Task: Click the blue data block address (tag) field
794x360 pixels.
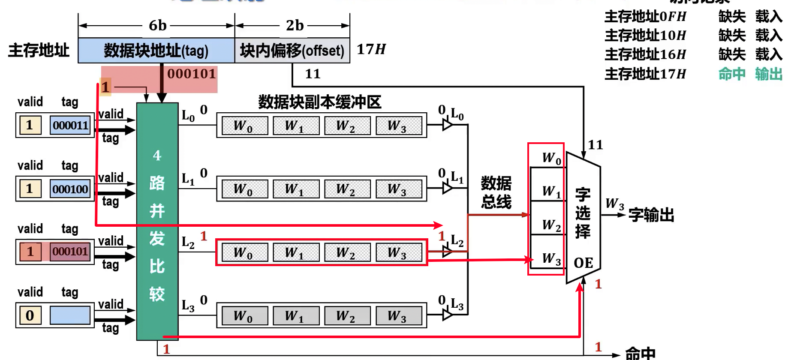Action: tap(156, 51)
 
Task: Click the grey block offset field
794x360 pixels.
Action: tap(292, 51)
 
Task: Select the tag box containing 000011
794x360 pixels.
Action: tap(70, 125)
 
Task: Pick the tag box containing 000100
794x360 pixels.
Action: tap(70, 189)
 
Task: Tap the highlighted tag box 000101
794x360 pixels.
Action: tap(70, 252)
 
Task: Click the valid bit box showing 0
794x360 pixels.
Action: tap(30, 315)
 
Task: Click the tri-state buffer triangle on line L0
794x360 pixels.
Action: tap(447, 125)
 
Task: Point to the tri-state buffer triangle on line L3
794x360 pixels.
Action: tap(447, 315)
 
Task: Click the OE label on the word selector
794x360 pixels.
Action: tap(583, 263)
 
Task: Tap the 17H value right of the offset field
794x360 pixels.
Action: tap(371, 49)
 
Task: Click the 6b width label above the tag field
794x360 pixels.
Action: tap(157, 26)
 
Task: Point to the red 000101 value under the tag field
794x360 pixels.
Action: tap(192, 74)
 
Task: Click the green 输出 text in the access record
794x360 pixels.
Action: tap(769, 74)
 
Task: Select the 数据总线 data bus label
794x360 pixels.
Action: tap(496, 192)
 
